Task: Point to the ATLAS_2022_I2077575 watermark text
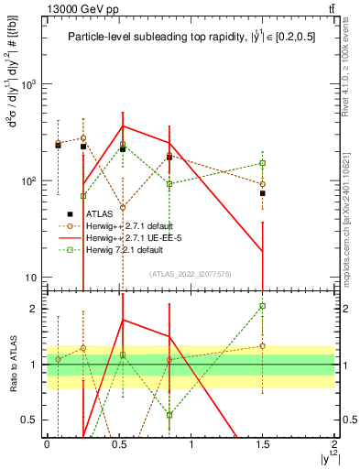[190, 274]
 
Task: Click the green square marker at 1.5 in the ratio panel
[262, 306]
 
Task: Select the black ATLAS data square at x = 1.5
[262, 193]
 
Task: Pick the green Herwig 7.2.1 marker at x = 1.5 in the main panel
[262, 163]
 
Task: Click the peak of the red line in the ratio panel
[123, 320]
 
